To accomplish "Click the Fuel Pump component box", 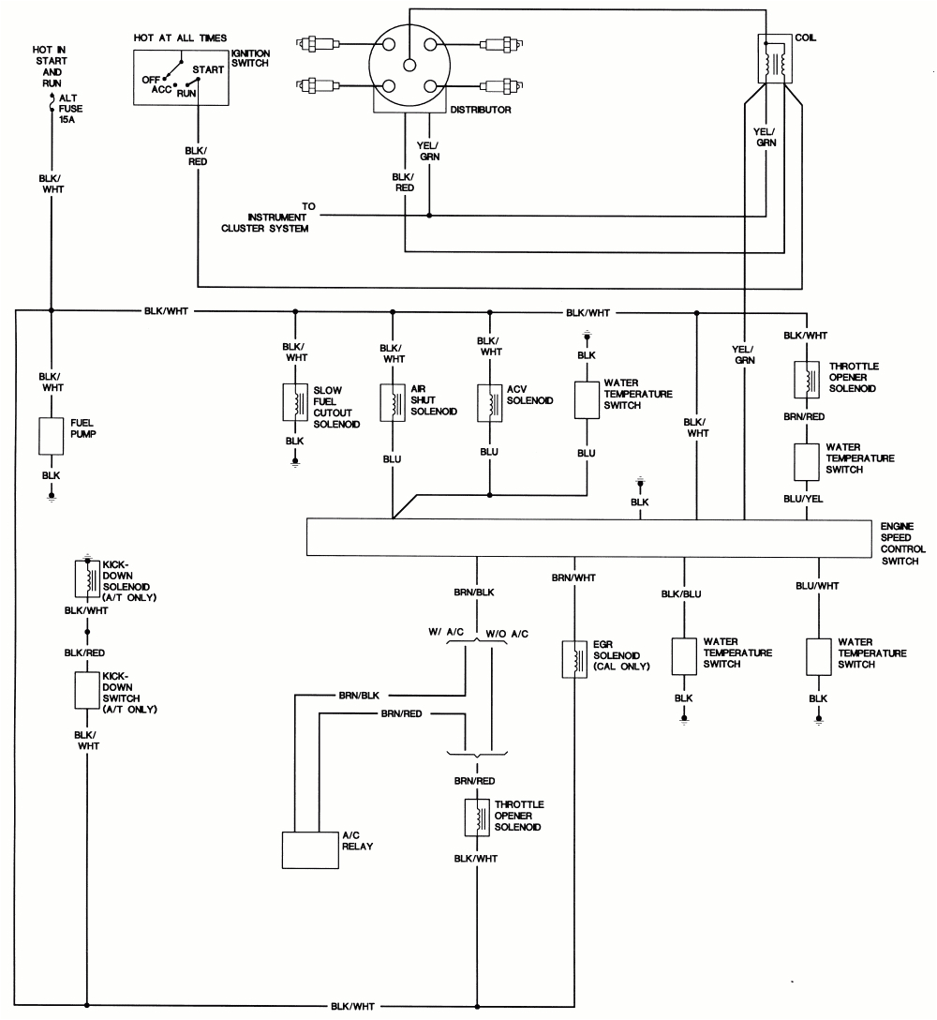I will click(51, 435).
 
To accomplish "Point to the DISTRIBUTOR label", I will click(480, 110).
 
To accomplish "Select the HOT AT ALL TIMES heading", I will click(180, 37).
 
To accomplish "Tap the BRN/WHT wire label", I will click(573, 577).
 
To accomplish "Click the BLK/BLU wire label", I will click(681, 593).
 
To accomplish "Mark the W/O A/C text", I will click(507, 634).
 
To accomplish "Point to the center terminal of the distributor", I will click(409, 65).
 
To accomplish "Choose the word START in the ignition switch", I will click(207, 69).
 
